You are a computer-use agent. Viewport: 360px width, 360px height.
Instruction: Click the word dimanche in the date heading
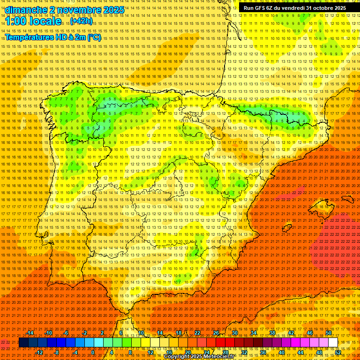click(x=25, y=10)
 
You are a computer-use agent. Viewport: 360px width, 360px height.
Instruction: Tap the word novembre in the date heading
click(x=76, y=10)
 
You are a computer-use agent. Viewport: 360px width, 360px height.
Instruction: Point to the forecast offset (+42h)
click(x=82, y=21)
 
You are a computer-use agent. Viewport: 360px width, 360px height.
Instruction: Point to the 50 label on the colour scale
click(x=329, y=333)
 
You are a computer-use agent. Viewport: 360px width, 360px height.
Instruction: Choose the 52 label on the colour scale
click(x=338, y=352)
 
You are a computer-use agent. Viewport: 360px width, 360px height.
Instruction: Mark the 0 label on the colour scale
click(x=93, y=352)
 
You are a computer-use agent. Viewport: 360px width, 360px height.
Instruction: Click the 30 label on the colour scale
click(x=234, y=333)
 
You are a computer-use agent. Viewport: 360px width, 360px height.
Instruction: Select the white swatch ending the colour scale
click(x=333, y=343)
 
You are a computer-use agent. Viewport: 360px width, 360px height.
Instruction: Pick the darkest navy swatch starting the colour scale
click(x=23, y=343)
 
